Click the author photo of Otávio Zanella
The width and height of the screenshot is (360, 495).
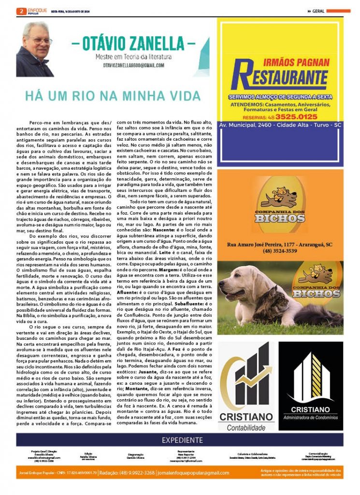(34, 48)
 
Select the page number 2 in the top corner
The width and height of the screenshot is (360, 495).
(21, 11)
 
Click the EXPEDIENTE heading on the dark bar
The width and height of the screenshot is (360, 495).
(182, 440)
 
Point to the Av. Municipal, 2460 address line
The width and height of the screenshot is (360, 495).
(279, 125)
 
